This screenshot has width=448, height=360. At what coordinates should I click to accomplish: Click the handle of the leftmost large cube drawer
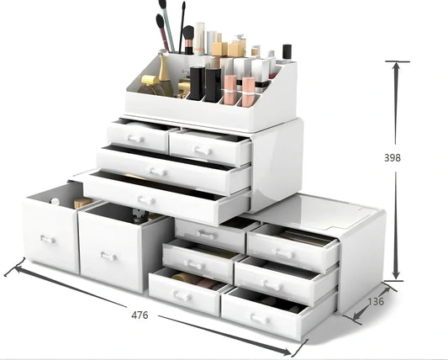(48, 240)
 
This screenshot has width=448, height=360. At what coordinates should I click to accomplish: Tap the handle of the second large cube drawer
(108, 256)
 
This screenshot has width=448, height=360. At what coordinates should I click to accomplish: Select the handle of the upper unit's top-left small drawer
(137, 137)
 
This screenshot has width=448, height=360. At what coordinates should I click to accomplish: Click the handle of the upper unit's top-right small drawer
(202, 150)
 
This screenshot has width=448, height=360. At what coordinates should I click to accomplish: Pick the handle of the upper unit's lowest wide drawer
(147, 200)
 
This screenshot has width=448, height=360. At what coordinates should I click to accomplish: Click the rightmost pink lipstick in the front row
(248, 88)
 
